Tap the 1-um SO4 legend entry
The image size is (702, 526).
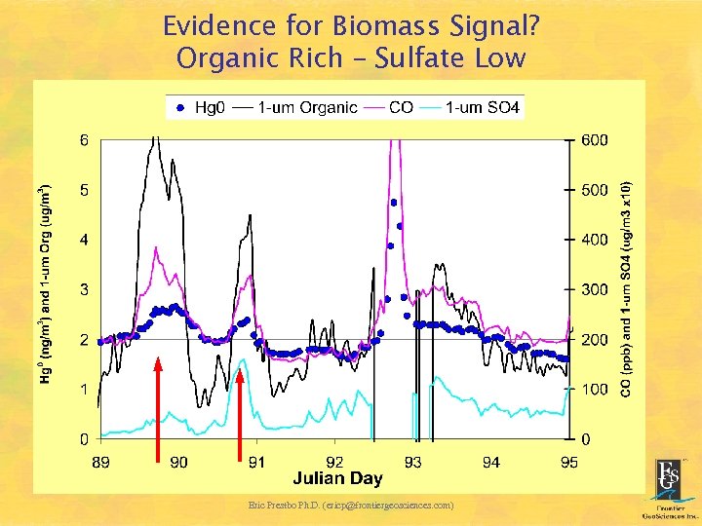tap(471, 107)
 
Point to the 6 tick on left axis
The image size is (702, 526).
tap(84, 139)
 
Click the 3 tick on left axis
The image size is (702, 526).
tap(84, 289)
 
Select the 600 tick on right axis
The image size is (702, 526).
tap(594, 139)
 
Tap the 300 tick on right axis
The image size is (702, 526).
tap(594, 289)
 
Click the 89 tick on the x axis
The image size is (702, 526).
tap(100, 462)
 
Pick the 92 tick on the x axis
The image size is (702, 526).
tap(334, 462)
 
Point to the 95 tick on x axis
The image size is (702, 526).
tap(568, 462)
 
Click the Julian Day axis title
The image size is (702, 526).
tap(337, 478)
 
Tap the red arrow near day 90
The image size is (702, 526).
tap(158, 409)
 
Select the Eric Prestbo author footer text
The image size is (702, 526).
tap(351, 505)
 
